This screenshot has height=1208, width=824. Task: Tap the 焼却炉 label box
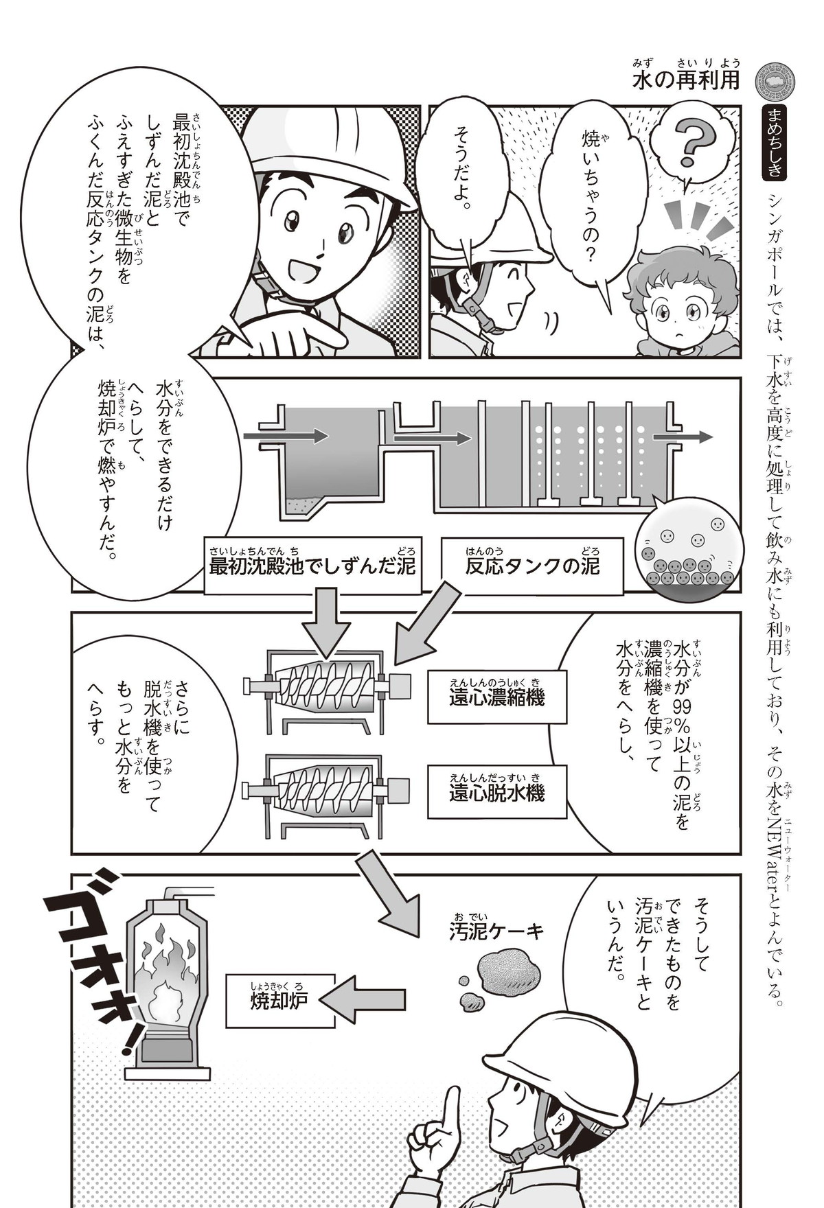point(280,1000)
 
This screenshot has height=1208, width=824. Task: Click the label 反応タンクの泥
point(532,566)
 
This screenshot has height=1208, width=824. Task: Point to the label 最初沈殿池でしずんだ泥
point(313,566)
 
